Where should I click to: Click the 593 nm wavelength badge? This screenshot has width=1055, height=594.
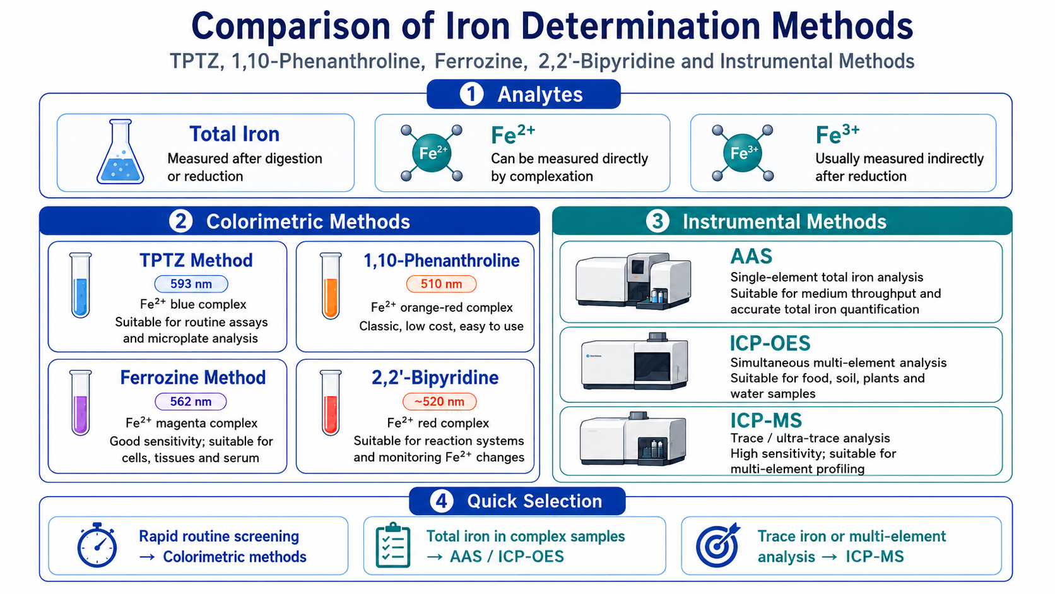point(191,283)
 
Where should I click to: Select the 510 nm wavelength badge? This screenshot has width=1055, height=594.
point(441,283)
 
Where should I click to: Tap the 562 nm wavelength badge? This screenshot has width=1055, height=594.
point(191,401)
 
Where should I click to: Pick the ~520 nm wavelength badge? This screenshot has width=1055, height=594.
point(439,401)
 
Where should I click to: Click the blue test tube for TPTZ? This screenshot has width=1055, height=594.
point(81,285)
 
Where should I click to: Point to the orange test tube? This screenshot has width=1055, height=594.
point(331,285)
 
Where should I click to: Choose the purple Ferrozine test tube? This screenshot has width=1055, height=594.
point(81,403)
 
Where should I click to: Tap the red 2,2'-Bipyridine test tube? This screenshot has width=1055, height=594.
point(331,403)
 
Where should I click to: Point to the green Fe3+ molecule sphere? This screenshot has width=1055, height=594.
point(743,153)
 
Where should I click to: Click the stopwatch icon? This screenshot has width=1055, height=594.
point(97,545)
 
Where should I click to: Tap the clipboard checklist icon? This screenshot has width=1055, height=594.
point(393,545)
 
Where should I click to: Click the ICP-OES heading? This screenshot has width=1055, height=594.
point(770,343)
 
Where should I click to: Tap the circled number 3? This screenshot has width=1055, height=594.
point(657,222)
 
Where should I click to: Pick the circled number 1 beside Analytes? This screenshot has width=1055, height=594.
point(471,94)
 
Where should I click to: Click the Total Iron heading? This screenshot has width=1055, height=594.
point(235,134)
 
